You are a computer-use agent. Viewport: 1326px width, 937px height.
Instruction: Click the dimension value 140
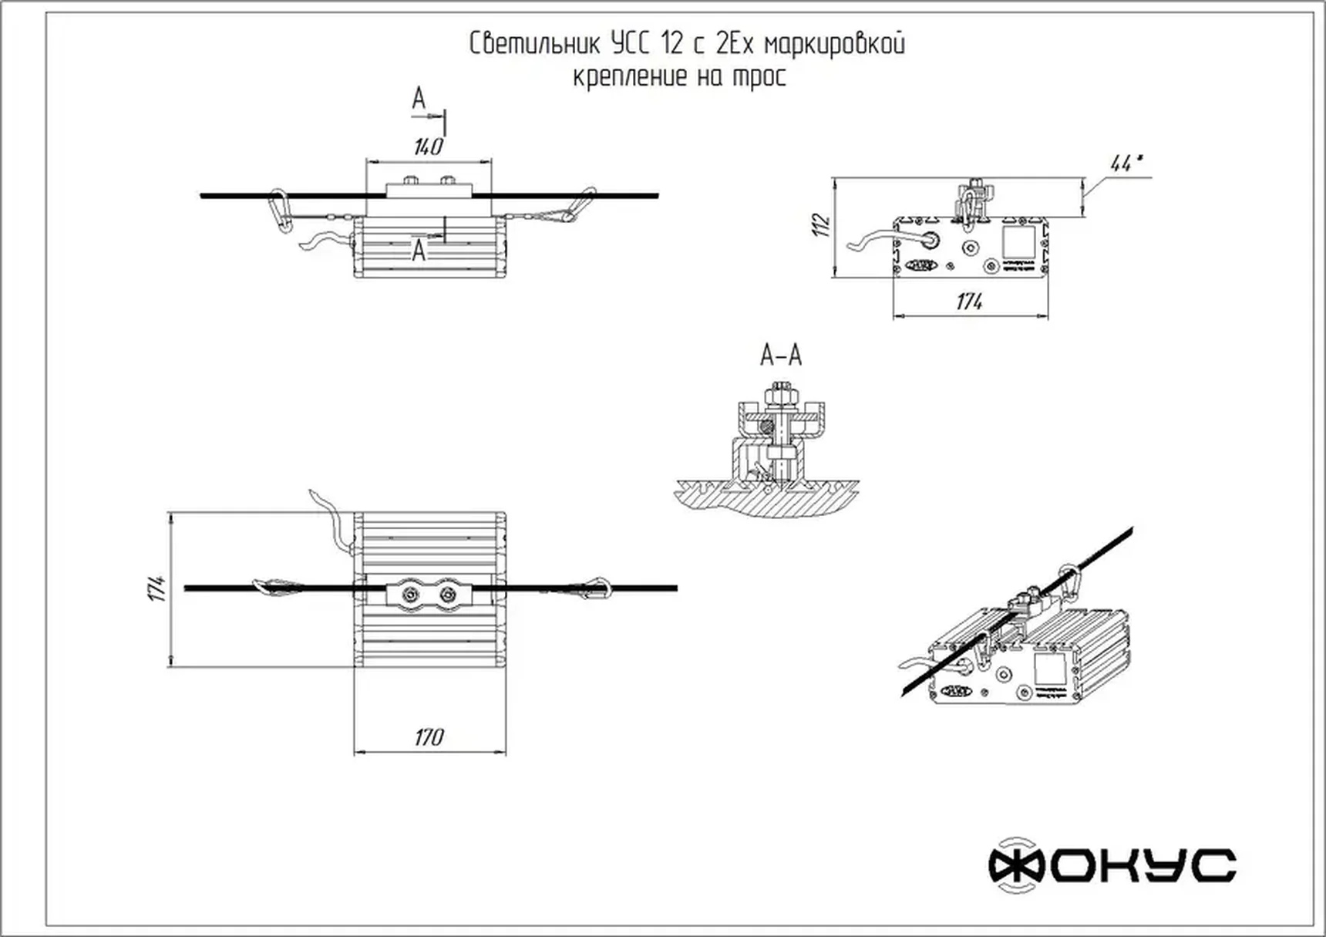428,147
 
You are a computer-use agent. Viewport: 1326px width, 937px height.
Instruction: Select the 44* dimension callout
1126,163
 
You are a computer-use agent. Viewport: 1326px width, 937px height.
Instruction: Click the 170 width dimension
429,737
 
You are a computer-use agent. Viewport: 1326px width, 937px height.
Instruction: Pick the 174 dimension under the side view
969,302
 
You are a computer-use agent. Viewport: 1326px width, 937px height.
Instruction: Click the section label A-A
781,356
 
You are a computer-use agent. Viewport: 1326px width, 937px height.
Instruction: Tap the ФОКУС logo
1112,865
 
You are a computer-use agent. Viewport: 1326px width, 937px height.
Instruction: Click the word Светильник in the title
535,44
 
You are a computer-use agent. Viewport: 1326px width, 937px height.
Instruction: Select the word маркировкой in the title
834,44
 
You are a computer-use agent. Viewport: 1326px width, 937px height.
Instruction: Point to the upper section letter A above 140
419,99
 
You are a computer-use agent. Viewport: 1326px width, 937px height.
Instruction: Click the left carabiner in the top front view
280,209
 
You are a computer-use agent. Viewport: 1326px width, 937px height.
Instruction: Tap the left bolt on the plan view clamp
408,594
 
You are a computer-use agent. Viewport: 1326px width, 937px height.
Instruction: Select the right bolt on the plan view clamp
447,594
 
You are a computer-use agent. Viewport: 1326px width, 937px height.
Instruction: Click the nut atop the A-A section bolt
781,395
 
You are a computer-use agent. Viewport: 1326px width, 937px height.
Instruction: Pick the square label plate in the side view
1020,241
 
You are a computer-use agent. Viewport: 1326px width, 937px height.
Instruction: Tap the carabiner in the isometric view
1069,583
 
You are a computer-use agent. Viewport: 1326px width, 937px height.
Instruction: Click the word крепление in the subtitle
630,77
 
